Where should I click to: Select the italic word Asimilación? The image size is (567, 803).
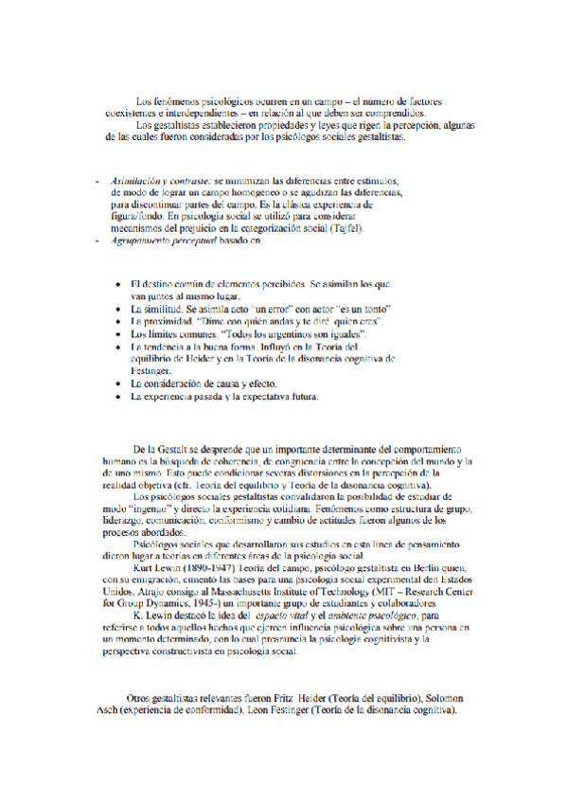(134, 179)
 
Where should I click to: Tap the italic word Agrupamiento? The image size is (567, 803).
(141, 243)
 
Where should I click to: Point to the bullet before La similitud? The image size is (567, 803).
(116, 310)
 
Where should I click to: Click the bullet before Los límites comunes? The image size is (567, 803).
(116, 335)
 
